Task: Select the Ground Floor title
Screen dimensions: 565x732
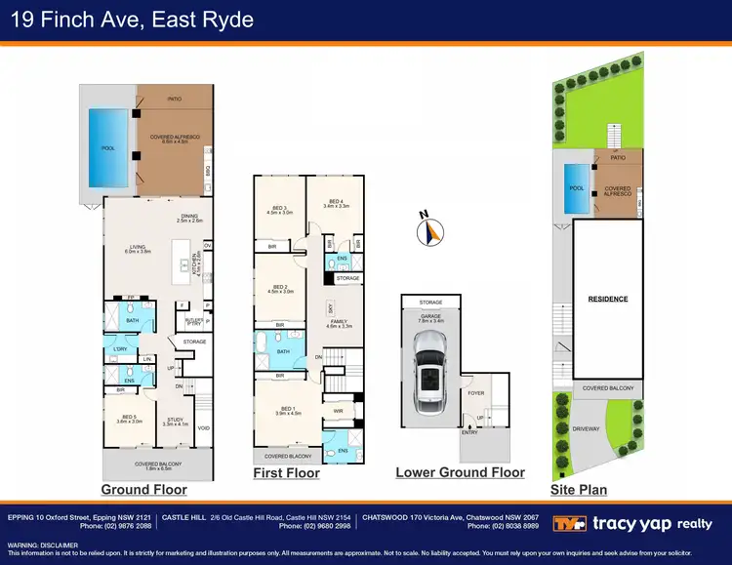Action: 144,489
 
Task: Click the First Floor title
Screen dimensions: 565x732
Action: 287,473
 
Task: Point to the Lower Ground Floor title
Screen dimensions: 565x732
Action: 460,472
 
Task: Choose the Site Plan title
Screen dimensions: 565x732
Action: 578,489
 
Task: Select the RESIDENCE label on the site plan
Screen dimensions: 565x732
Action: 608,299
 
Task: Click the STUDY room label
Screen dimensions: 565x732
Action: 176,421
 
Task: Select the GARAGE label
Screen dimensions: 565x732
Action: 430,316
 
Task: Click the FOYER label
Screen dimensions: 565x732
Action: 475,393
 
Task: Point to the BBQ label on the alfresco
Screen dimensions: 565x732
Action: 208,170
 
